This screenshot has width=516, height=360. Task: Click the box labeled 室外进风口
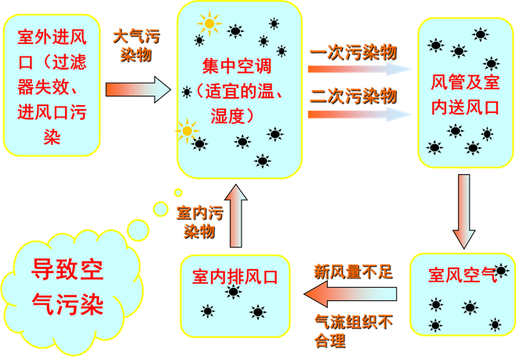(x=52, y=88)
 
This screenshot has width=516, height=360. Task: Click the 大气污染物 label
(x=137, y=45)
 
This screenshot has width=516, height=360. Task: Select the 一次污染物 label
(x=354, y=52)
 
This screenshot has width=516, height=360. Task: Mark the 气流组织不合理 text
(x=353, y=330)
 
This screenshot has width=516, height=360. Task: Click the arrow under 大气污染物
(x=138, y=89)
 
